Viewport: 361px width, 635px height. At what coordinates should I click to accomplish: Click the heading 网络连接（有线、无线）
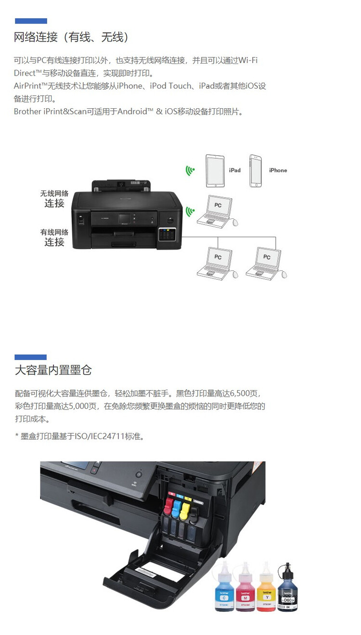coord(71,37)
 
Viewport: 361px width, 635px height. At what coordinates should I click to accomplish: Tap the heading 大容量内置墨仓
coord(53,370)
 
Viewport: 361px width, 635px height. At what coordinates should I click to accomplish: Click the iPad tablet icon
coord(215,171)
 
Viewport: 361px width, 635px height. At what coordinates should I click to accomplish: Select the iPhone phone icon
coord(256,171)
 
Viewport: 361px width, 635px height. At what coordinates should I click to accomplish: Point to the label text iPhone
coord(278,170)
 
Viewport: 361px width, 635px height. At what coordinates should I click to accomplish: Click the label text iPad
coord(234,170)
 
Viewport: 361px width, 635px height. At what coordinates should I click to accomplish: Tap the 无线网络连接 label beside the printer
coord(54,199)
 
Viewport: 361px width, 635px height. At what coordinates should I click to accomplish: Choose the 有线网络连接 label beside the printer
coord(54,237)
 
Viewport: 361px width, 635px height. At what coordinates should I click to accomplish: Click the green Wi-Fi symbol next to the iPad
coord(191,170)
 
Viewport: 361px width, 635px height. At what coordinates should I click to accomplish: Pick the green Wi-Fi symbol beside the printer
coord(191,211)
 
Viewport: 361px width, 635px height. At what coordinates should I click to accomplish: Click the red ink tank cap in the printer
coord(168,506)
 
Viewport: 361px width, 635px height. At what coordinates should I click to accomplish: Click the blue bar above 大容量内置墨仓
coord(30,357)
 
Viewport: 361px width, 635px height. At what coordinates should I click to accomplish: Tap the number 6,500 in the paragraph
coord(248,393)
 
